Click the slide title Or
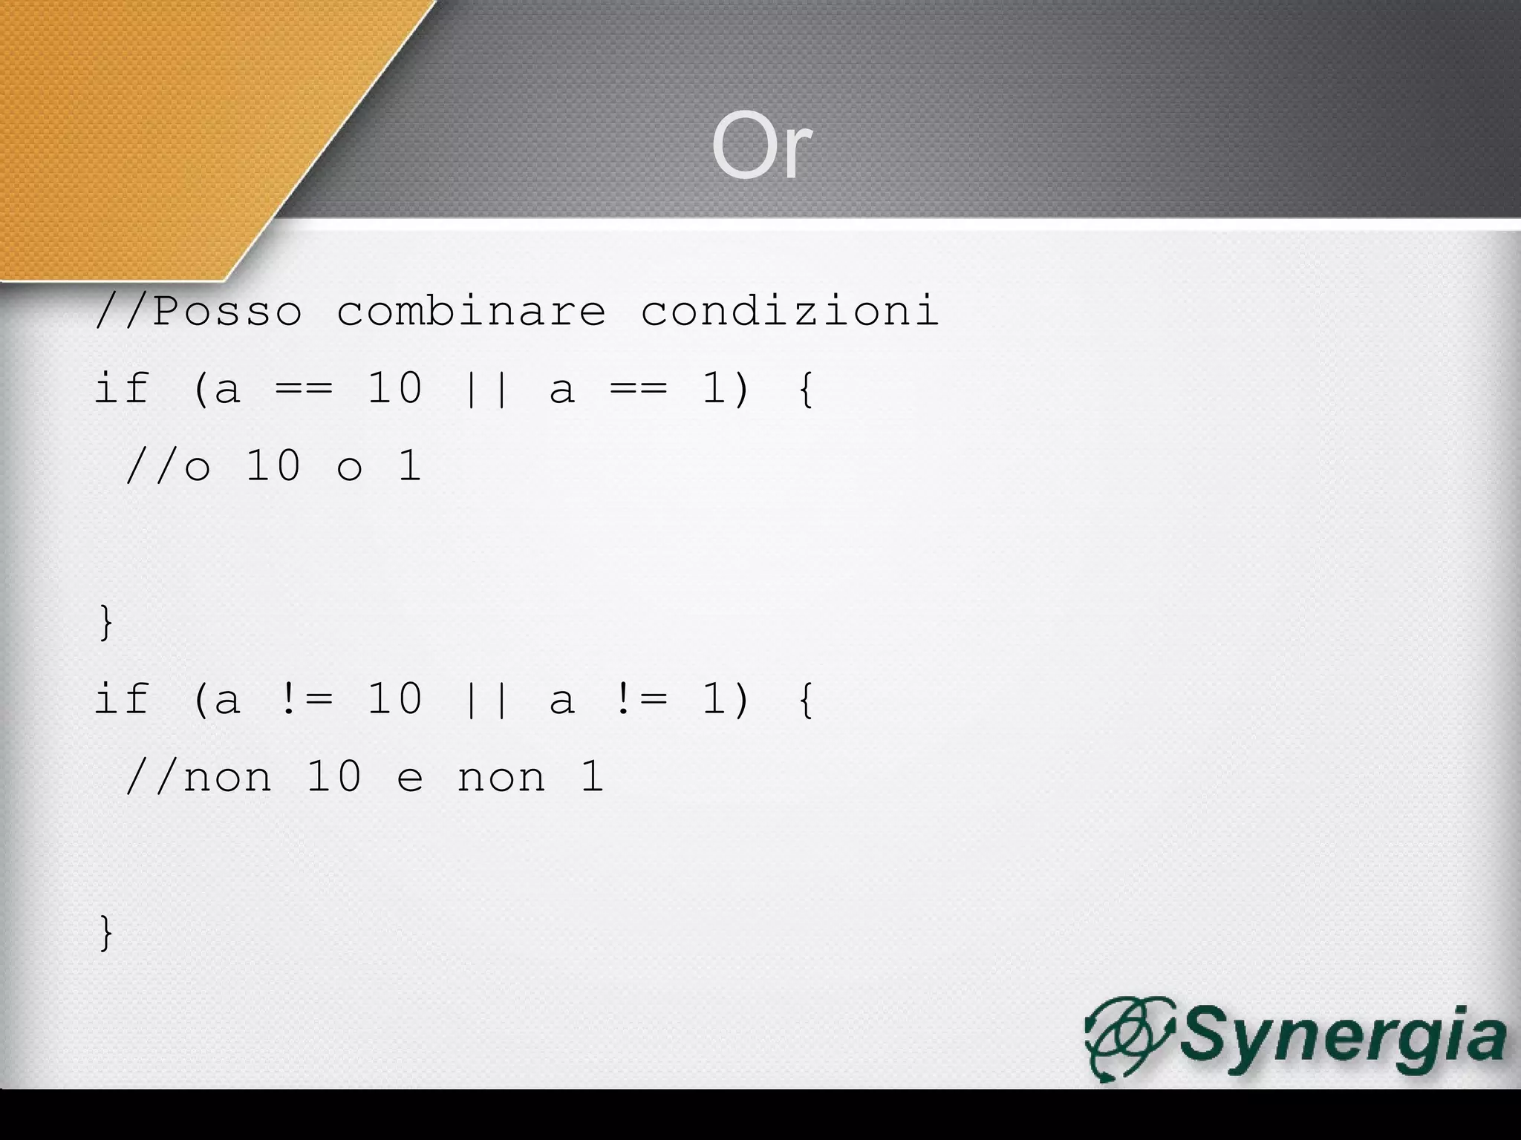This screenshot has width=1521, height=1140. (761, 145)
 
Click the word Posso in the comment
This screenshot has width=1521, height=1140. (227, 310)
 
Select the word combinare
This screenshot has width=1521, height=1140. (471, 310)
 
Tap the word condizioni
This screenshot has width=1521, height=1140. (789, 310)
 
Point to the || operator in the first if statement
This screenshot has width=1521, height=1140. (486, 389)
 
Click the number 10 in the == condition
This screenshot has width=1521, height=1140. (395, 387)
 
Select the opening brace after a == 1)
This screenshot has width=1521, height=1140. (805, 389)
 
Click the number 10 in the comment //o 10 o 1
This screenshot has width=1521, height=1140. (273, 466)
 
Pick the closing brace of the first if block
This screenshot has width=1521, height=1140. (106, 622)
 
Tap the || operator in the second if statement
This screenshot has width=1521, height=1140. (486, 699)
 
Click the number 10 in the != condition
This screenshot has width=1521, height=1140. (395, 699)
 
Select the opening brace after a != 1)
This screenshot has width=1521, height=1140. (805, 699)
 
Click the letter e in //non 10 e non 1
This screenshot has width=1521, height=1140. (410, 779)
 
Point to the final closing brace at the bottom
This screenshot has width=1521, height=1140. (106, 933)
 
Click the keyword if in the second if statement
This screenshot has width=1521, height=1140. (122, 699)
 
